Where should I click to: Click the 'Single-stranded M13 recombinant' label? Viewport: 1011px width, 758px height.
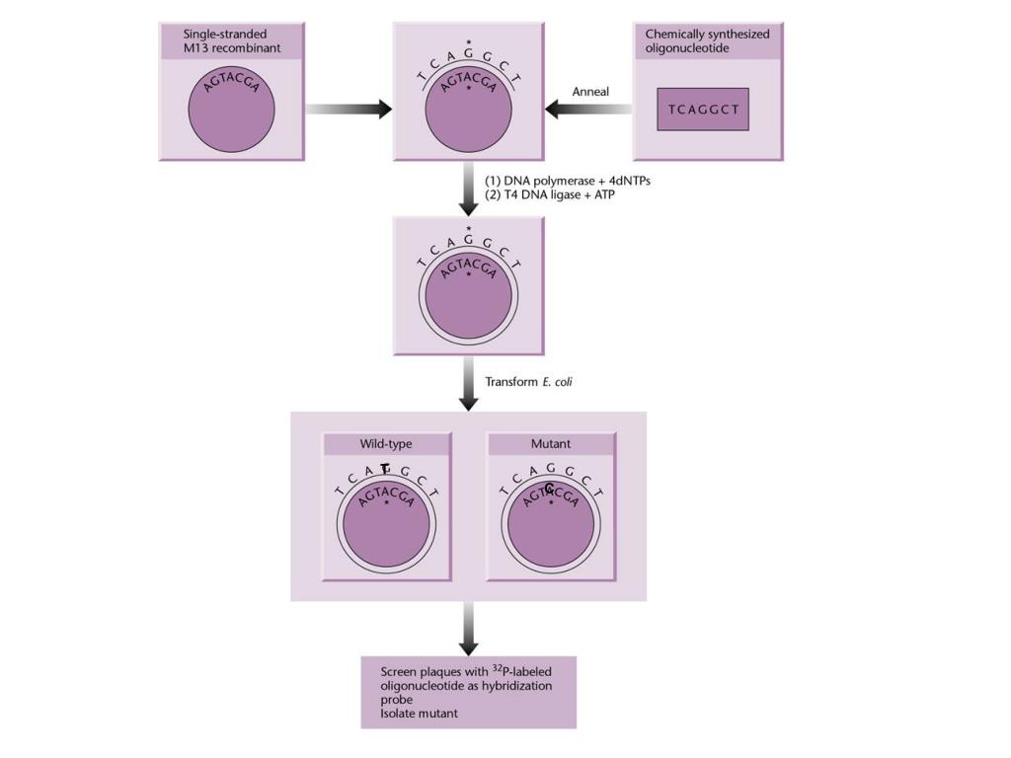[224, 40]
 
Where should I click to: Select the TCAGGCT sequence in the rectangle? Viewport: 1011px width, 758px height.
[703, 110]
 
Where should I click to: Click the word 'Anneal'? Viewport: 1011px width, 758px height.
[590, 92]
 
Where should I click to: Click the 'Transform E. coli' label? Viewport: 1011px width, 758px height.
[528, 381]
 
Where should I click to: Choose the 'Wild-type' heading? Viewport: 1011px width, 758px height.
[386, 444]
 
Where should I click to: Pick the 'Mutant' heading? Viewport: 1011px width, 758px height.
[551, 444]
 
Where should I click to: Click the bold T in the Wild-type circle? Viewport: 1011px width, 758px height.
[386, 471]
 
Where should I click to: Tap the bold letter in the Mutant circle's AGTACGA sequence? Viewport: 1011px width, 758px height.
[549, 488]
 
